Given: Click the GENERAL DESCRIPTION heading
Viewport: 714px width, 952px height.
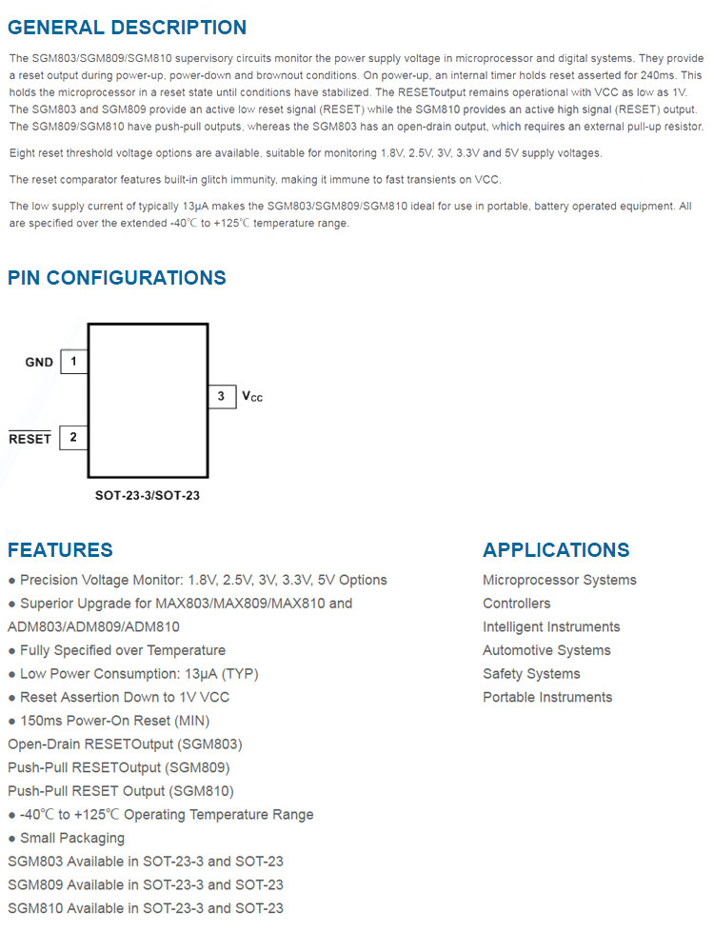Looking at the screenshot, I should (127, 28).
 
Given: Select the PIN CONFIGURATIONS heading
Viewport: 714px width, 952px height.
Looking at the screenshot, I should (117, 278).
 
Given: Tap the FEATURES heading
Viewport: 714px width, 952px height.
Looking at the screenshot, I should (60, 550).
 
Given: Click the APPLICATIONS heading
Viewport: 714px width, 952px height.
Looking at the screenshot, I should (556, 550).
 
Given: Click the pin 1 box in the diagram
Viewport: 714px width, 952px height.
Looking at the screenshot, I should (73, 362).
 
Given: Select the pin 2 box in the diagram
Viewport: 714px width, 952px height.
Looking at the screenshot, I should (73, 438).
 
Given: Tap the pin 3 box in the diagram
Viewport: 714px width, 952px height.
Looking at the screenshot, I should (222, 395).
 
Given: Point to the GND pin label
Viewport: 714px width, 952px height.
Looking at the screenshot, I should (39, 363).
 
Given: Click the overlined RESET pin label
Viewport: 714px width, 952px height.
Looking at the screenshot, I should (30, 439).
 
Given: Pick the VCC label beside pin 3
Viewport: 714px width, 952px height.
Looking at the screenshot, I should (252, 396).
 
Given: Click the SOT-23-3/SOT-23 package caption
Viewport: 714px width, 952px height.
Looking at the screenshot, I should (148, 495).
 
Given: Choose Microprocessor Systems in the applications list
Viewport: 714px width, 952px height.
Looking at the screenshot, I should (560, 580).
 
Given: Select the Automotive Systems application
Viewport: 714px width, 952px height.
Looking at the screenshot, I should (546, 650).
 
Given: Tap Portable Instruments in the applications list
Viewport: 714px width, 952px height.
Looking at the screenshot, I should (547, 697).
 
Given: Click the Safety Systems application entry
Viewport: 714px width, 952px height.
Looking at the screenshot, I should (531, 674).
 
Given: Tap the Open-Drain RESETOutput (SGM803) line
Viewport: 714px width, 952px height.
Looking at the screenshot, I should (125, 744).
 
